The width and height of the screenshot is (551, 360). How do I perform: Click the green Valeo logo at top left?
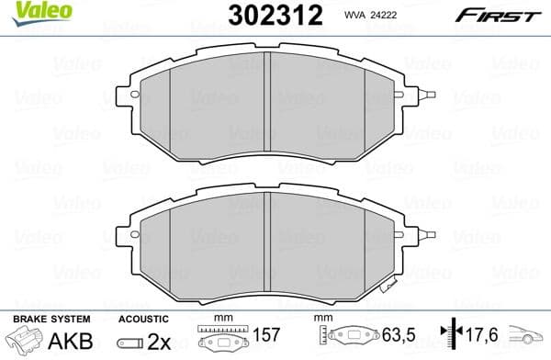(x=30, y=10)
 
